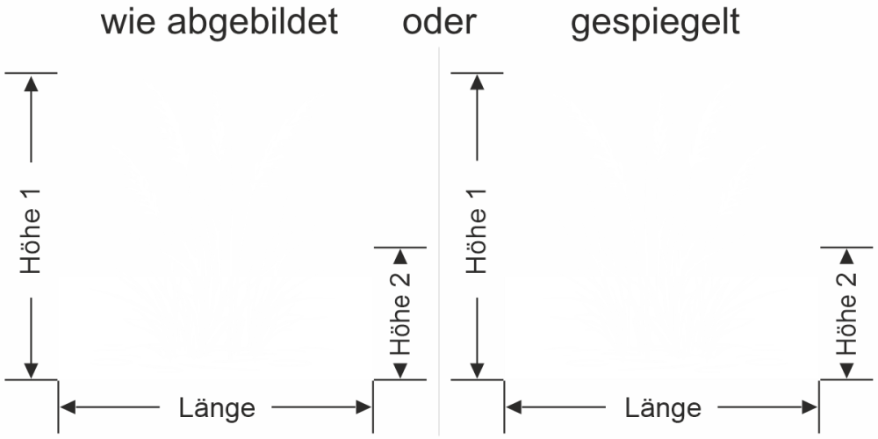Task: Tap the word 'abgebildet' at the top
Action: (x=253, y=24)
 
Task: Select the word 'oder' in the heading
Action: (x=440, y=23)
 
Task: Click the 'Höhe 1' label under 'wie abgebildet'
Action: (x=32, y=231)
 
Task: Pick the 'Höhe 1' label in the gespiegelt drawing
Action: (x=477, y=231)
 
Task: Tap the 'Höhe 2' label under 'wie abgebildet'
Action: (x=400, y=313)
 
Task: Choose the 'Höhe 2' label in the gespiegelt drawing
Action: (x=846, y=313)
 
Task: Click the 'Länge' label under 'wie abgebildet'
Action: (x=217, y=407)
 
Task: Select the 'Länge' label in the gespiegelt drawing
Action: (x=663, y=407)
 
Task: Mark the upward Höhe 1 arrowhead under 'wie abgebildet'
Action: (x=32, y=83)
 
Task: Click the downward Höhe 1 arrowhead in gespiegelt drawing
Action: (x=477, y=371)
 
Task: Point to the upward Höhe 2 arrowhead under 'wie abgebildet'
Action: (x=399, y=256)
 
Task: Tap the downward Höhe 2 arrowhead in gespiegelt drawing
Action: (x=846, y=371)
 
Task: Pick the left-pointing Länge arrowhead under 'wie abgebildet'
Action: (x=68, y=407)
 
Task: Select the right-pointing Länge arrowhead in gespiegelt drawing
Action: (x=810, y=407)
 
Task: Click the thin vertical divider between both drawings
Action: (x=439, y=241)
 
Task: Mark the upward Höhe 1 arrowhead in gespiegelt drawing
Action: (x=477, y=83)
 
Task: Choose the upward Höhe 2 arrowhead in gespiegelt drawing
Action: (x=846, y=256)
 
